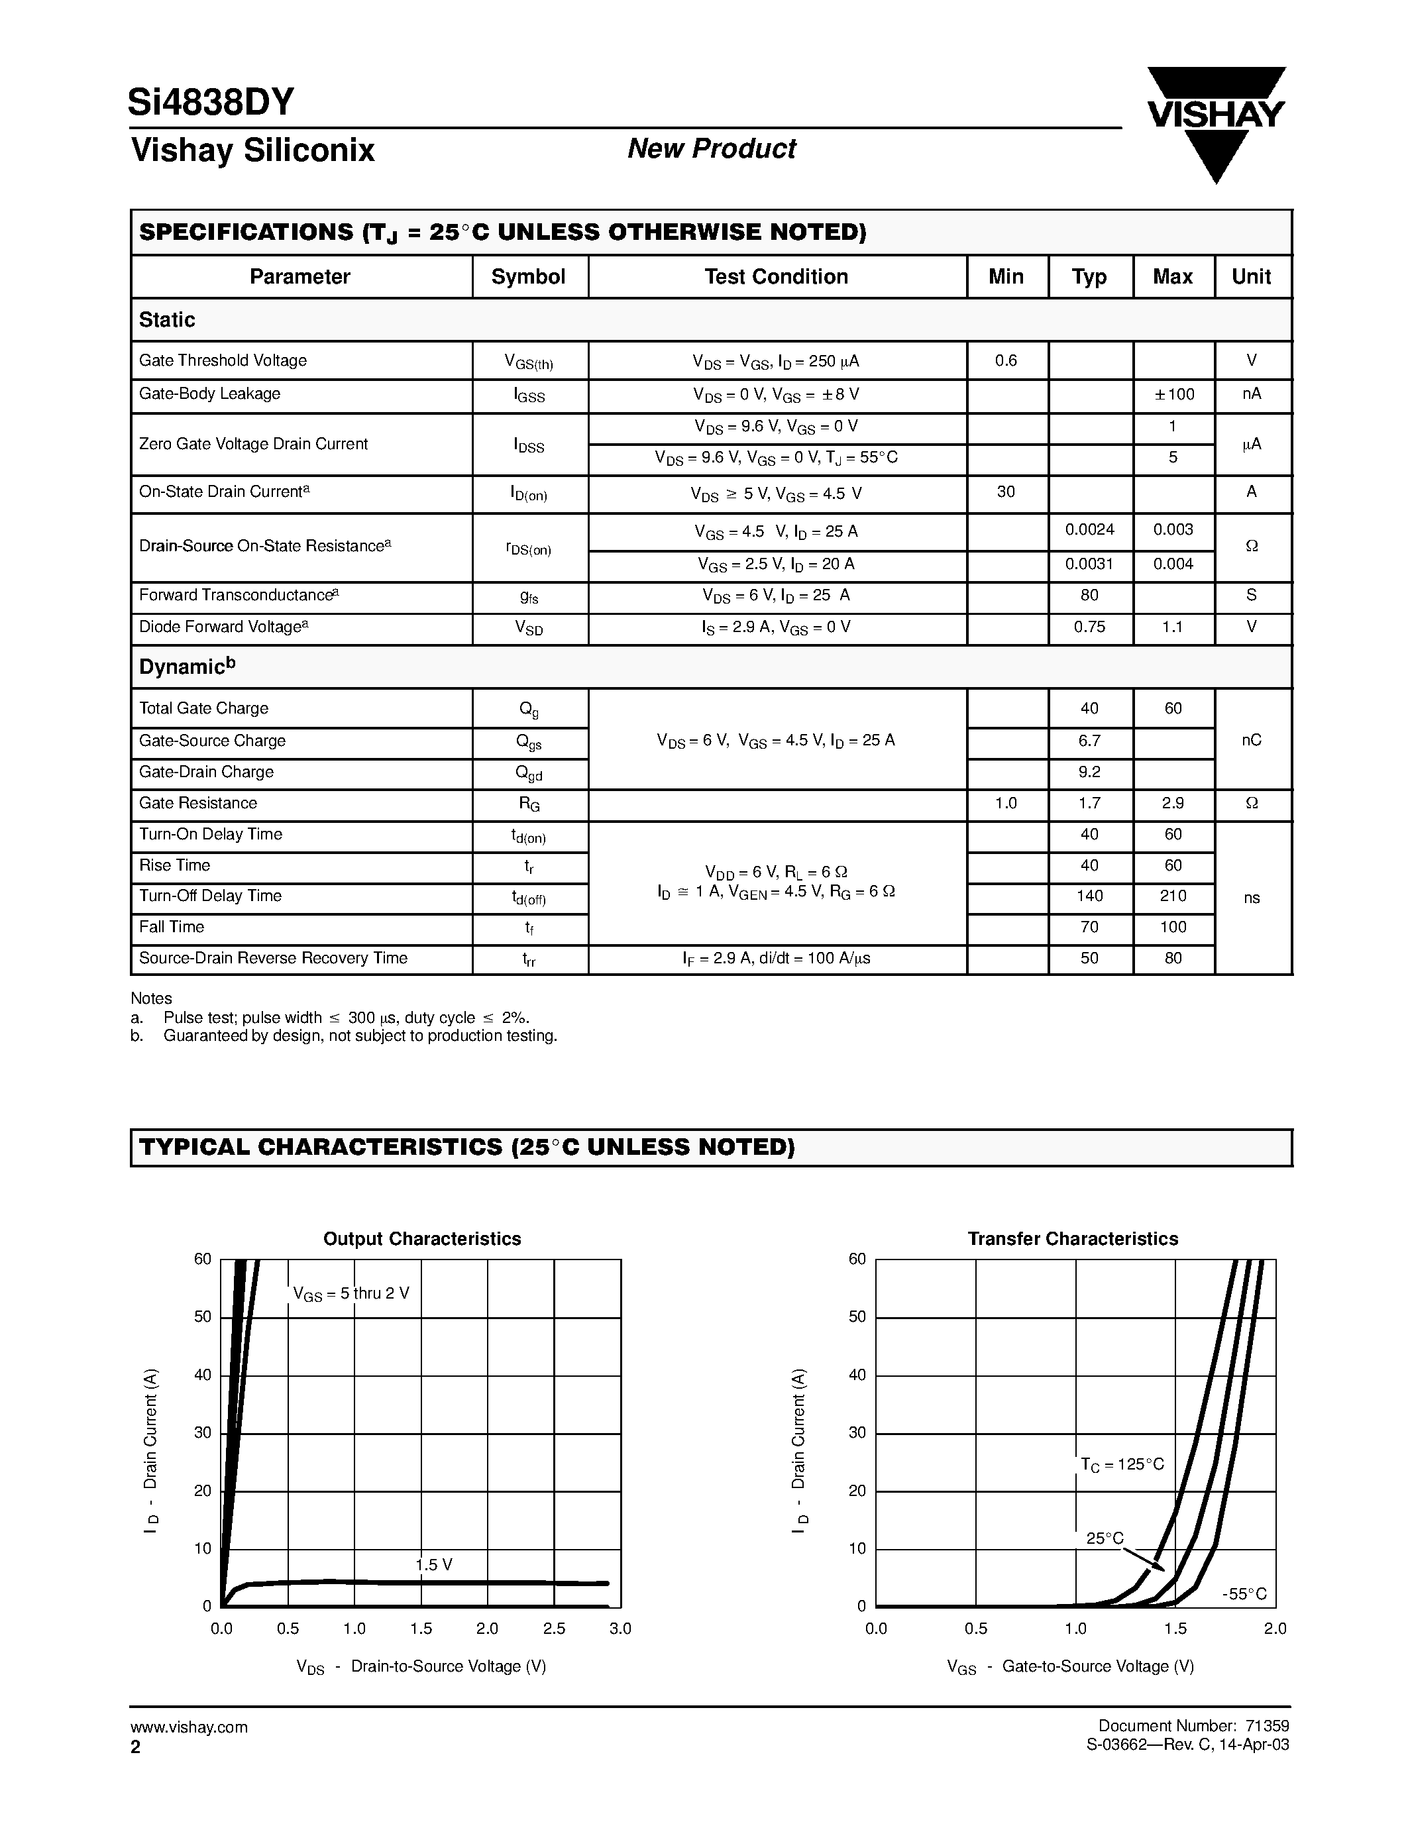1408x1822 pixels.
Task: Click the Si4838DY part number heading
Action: pyautogui.click(x=211, y=103)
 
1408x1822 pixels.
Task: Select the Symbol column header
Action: pyautogui.click(x=528, y=277)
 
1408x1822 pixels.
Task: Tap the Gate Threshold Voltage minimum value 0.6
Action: pyautogui.click(x=1006, y=360)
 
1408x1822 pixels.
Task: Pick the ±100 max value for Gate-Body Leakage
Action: pyautogui.click(x=1173, y=394)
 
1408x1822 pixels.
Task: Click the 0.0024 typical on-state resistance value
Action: pyautogui.click(x=1089, y=530)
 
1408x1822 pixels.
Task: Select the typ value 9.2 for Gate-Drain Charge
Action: pyautogui.click(x=1089, y=772)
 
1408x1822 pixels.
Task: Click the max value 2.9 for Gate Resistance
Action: pyautogui.click(x=1173, y=802)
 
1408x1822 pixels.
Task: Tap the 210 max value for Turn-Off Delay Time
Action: pyautogui.click(x=1173, y=895)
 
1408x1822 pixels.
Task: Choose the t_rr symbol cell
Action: pyautogui.click(x=529, y=959)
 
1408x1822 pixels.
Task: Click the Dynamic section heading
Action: pyautogui.click(x=187, y=667)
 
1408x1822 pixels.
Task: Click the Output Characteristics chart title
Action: pyautogui.click(x=422, y=1239)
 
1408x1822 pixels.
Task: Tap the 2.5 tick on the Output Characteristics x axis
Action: pyautogui.click(x=554, y=1629)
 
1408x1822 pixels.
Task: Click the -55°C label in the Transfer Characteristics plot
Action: pyautogui.click(x=1244, y=1594)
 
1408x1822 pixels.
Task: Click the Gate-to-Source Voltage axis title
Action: pyautogui.click(x=1071, y=1666)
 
